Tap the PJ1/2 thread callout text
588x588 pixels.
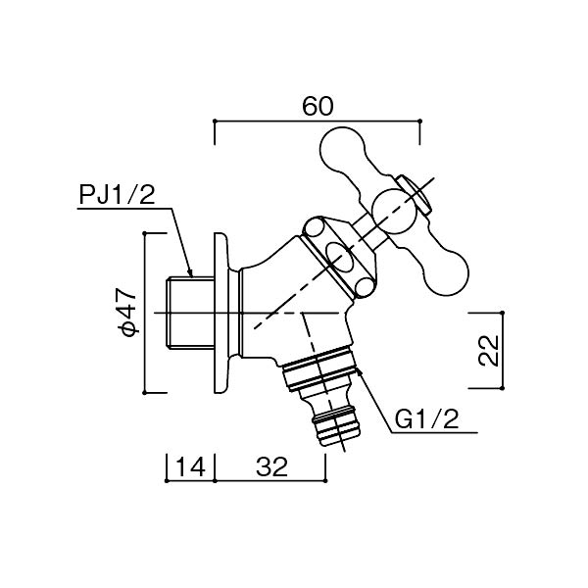pos(117,195)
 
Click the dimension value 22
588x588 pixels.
pos(490,350)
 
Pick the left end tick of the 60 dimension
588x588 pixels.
pos(214,122)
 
